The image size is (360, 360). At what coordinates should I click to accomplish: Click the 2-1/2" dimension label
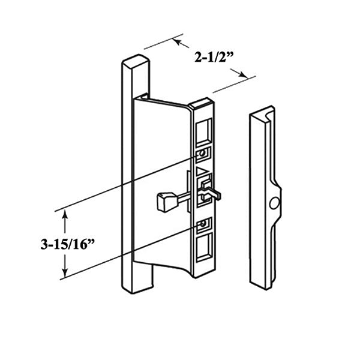tap(214, 58)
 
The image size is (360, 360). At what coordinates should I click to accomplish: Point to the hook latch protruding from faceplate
tap(212, 191)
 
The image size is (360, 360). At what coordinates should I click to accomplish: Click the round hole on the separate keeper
tap(274, 204)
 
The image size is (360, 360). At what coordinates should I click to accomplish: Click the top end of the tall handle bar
tap(134, 62)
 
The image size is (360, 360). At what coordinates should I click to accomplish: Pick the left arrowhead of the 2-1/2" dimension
tap(177, 41)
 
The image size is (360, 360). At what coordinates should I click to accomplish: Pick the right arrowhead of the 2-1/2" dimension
tap(244, 76)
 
